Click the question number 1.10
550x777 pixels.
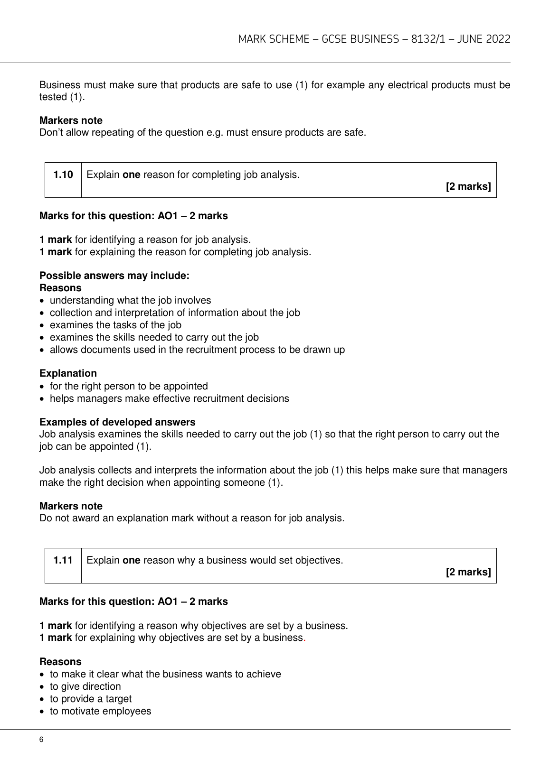[x=63, y=175]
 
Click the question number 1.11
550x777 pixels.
[x=63, y=560]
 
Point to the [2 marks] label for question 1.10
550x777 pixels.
[x=468, y=186]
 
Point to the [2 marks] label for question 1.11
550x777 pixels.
[x=468, y=572]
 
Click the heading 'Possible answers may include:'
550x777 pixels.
[x=114, y=276]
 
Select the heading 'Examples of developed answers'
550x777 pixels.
[x=117, y=422]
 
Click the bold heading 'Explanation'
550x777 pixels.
[x=68, y=373]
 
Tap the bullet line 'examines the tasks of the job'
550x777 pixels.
[x=115, y=325]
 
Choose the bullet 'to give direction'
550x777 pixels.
[x=85, y=686]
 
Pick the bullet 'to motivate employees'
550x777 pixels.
[x=101, y=711]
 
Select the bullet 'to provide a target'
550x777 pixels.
[x=91, y=699]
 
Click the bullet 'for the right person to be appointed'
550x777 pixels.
[x=129, y=386]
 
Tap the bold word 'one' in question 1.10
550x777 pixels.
[x=132, y=175]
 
